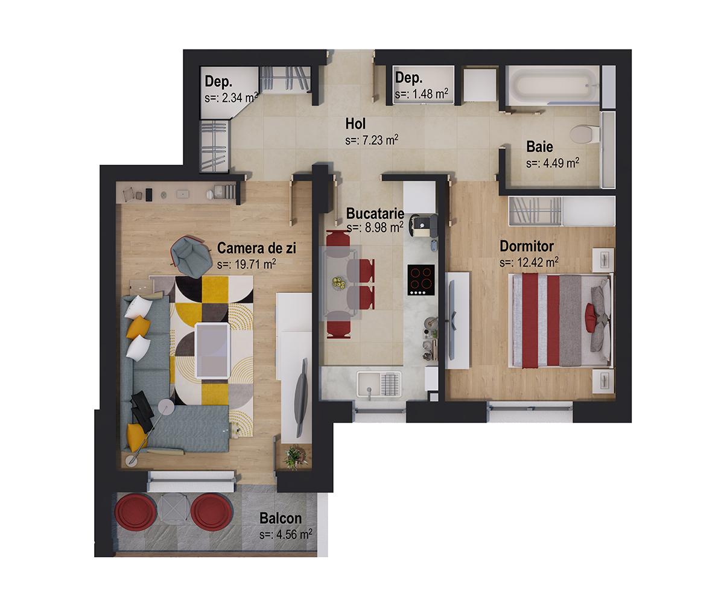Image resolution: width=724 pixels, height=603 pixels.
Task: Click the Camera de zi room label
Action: point(256,248)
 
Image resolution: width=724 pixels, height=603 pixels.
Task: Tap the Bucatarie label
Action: point(375,214)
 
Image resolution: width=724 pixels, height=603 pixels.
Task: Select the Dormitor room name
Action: point(527,247)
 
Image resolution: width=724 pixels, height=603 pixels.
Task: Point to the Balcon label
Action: point(281,519)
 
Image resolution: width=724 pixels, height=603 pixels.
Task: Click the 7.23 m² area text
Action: point(372,140)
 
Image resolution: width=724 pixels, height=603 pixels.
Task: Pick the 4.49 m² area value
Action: point(553,163)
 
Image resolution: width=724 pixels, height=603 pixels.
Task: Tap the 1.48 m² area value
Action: point(422,94)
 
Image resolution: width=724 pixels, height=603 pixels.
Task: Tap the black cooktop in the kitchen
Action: point(422,279)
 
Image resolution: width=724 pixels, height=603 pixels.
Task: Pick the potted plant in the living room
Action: point(295,456)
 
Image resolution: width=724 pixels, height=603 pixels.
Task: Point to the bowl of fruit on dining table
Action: point(339,281)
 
